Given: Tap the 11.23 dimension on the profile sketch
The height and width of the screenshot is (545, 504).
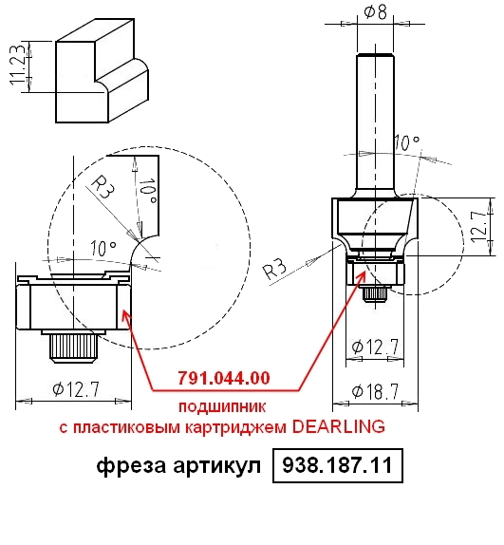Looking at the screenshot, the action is (17, 65).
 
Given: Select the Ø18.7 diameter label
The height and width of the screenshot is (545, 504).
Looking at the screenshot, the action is (375, 392).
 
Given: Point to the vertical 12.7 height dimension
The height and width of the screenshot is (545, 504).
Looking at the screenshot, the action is (478, 227).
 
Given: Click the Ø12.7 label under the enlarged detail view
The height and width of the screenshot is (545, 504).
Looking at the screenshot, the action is (76, 389).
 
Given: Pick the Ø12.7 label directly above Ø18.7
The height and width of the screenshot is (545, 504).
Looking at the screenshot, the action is (375, 347).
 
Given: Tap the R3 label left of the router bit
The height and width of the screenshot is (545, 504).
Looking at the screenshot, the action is (274, 269).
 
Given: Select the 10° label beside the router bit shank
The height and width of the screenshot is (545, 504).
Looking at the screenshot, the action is (406, 142).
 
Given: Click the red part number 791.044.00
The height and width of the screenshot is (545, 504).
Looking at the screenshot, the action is (224, 378).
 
